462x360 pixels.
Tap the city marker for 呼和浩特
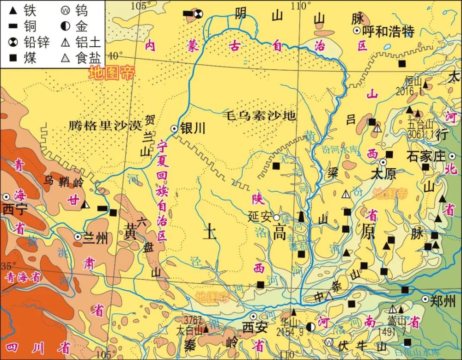357,31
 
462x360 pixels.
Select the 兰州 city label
97,238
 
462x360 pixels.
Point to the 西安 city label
255,328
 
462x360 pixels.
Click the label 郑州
443,300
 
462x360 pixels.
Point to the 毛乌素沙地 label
259,116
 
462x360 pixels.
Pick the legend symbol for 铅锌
12,43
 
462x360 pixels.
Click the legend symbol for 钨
66,10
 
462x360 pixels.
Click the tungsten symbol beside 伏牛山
328,342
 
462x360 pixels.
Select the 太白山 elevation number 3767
193,321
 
